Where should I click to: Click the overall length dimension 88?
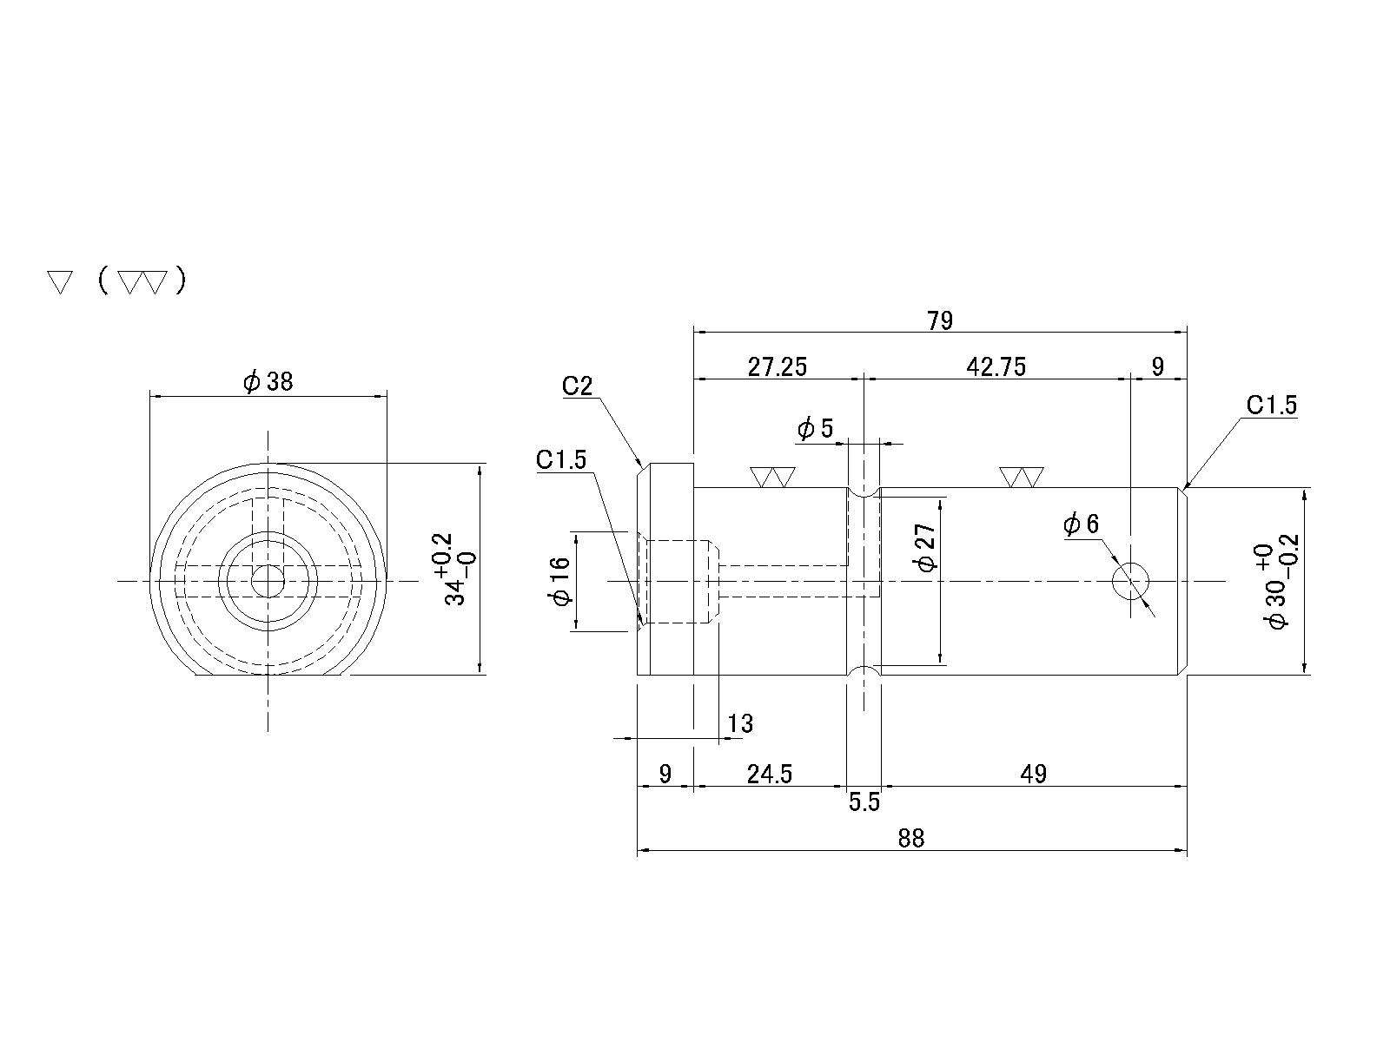(x=911, y=838)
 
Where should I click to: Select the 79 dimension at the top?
(x=940, y=321)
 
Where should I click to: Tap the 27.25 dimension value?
(x=778, y=367)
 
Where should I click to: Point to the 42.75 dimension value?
(x=996, y=367)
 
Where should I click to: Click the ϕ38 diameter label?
(x=268, y=381)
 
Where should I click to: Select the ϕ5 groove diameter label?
(x=815, y=428)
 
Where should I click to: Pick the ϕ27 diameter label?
(x=926, y=548)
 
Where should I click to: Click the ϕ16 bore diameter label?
(x=560, y=580)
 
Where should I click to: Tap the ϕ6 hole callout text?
(x=1081, y=524)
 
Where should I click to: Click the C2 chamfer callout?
(x=577, y=386)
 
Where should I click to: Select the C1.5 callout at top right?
(x=1271, y=405)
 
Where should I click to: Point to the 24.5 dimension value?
(x=770, y=774)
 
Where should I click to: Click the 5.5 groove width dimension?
(x=864, y=802)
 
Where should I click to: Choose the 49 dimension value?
(x=1034, y=774)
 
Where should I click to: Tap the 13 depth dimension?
(x=740, y=723)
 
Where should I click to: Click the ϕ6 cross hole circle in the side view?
(x=1131, y=580)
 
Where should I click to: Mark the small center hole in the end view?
(x=268, y=580)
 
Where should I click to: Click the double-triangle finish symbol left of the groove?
(x=772, y=477)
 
